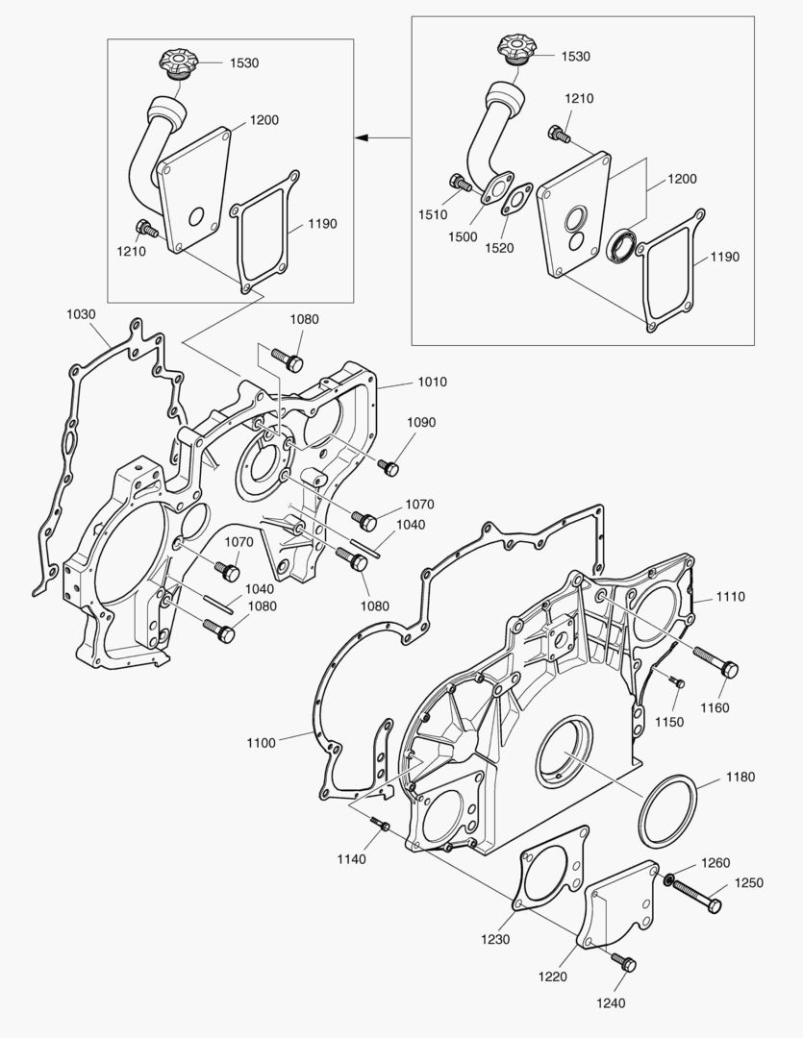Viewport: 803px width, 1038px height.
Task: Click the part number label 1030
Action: (x=82, y=314)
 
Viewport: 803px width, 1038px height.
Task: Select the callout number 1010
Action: (x=432, y=382)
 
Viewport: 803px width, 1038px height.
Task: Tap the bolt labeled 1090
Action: (x=389, y=468)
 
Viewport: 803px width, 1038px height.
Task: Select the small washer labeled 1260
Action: (x=666, y=878)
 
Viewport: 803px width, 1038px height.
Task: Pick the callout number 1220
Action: (x=552, y=976)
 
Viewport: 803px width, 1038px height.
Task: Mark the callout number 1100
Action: (x=261, y=742)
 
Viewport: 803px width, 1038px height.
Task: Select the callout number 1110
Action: (x=730, y=597)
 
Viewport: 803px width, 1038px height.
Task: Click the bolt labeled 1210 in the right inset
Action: (x=559, y=136)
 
